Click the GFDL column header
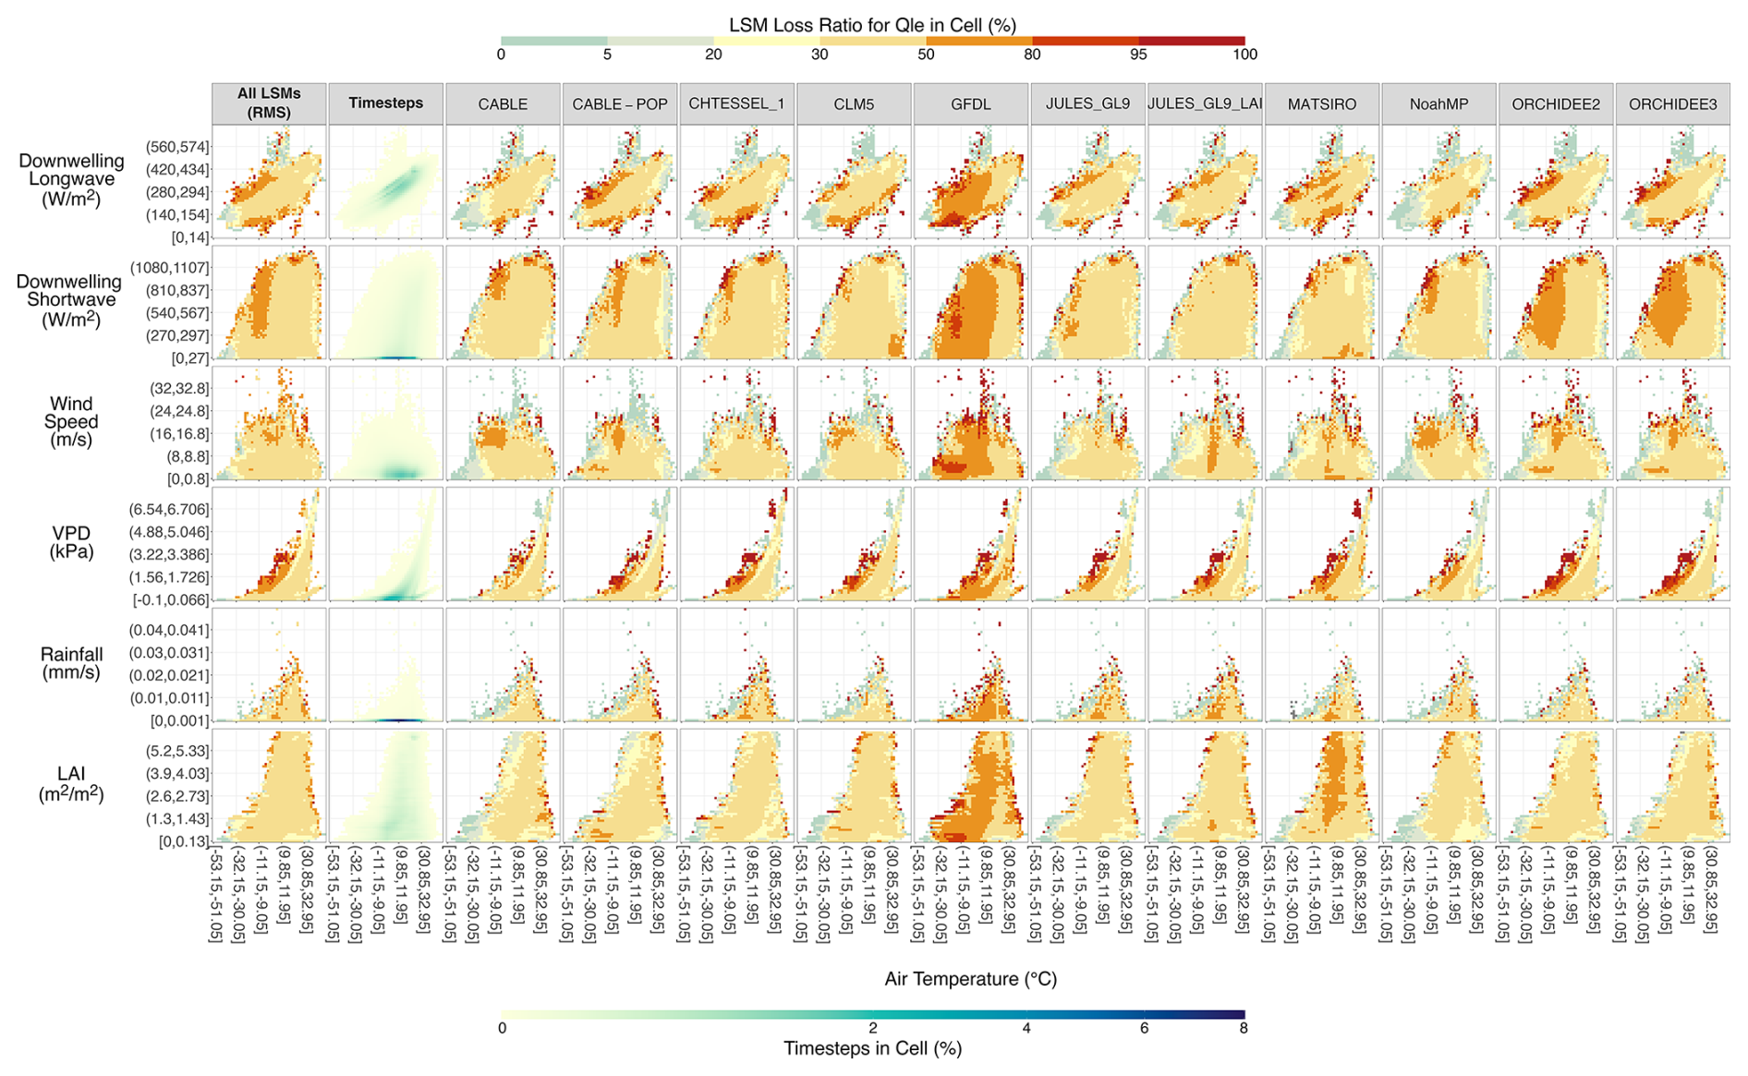970,104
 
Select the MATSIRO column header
1321,104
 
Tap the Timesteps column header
386,103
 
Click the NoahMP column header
1438,104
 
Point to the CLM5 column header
854,104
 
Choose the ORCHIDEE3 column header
1672,104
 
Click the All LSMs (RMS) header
269,103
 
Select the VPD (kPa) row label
71,543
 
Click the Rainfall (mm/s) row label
71,663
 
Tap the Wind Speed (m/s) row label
71,421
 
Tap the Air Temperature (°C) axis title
970,979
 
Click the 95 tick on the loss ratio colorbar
1138,54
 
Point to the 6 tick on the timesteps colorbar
1144,1028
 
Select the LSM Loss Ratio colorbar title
873,25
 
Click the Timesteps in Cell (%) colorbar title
873,1049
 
